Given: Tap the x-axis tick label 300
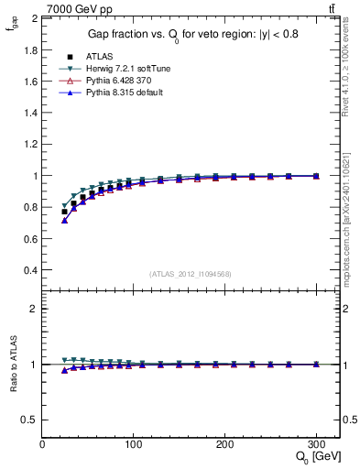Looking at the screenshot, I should [317, 444].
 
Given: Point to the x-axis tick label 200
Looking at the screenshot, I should [225, 444].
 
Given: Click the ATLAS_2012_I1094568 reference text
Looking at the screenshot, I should [191, 274].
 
